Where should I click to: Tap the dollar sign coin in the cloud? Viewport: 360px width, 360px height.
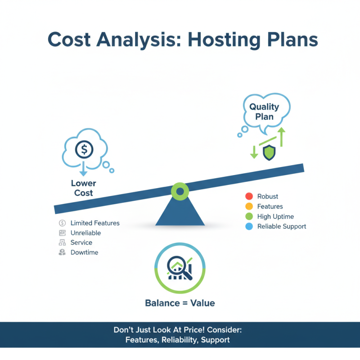point(84,149)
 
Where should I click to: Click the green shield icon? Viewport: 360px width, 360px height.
point(269,153)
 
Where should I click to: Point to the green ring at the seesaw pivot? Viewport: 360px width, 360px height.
point(180,192)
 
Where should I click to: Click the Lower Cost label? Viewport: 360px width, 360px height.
point(84,188)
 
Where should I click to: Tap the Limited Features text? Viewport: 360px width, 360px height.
point(95,223)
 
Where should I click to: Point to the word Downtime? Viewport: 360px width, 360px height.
point(84,252)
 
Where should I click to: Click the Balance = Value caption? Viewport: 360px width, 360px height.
point(180,303)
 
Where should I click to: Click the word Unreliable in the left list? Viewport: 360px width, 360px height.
point(85,233)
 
